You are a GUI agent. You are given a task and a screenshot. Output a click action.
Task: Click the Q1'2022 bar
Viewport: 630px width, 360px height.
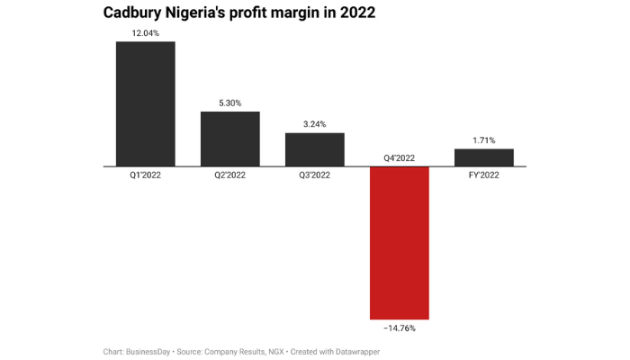pyautogui.click(x=145, y=103)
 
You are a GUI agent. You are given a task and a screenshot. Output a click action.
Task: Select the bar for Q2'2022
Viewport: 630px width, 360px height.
pyautogui.click(x=229, y=139)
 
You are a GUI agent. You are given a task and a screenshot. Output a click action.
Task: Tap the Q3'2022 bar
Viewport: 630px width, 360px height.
pyautogui.click(x=314, y=149)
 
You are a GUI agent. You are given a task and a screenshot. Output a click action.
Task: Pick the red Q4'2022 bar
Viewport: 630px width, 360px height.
pyautogui.click(x=400, y=243)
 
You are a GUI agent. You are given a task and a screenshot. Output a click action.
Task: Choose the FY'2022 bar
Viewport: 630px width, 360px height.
pyautogui.click(x=484, y=157)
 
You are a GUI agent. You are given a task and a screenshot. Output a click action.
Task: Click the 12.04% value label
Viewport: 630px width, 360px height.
pyautogui.click(x=145, y=32)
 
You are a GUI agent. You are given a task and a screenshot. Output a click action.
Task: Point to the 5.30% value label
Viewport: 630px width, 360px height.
pyautogui.click(x=229, y=103)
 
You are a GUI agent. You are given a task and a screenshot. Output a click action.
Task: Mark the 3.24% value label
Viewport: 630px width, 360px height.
pyautogui.click(x=314, y=124)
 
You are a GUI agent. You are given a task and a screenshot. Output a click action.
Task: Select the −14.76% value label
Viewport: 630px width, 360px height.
pyautogui.click(x=399, y=328)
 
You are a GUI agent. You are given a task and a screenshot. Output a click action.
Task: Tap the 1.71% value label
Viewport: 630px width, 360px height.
pyautogui.click(x=484, y=140)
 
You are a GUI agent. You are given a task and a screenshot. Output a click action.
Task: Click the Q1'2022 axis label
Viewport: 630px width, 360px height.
pyautogui.click(x=145, y=175)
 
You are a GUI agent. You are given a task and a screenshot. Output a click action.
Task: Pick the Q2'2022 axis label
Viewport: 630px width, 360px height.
pyautogui.click(x=229, y=175)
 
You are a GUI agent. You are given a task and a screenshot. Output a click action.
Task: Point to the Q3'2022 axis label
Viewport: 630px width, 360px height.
pyautogui.click(x=314, y=175)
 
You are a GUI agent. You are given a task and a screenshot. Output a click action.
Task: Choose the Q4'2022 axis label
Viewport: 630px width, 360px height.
pyautogui.click(x=400, y=158)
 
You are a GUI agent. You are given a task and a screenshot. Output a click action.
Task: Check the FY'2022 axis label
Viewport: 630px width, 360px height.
pyautogui.click(x=484, y=175)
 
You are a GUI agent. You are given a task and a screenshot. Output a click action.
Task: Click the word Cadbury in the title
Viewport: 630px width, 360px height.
pyautogui.click(x=136, y=13)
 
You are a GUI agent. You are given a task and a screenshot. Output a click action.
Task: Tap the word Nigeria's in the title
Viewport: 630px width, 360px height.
pyautogui.click(x=211, y=13)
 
